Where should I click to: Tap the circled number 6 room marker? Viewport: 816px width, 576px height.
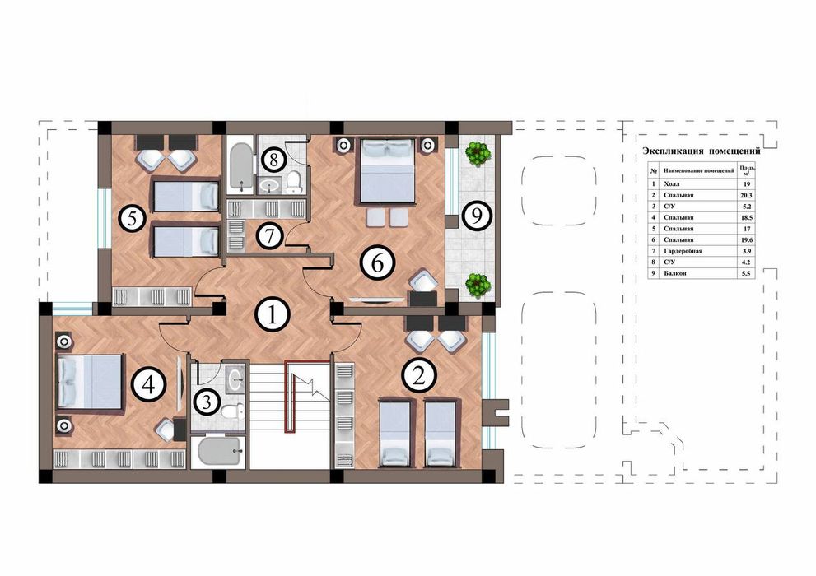[376, 263]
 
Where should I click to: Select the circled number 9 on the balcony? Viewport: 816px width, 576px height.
[473, 216]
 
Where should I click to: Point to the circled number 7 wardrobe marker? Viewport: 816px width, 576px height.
[266, 235]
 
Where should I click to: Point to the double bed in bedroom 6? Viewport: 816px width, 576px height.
[384, 170]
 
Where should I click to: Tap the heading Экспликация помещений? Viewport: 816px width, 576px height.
[700, 151]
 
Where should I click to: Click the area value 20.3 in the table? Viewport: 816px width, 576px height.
[746, 196]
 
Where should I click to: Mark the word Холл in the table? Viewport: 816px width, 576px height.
[672, 185]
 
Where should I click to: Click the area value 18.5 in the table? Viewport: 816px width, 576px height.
[746, 217]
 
